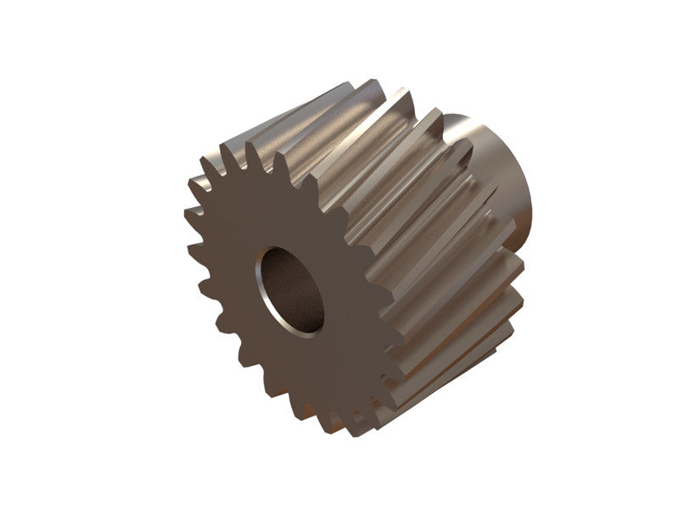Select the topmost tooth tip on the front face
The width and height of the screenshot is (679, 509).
tap(251, 146)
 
